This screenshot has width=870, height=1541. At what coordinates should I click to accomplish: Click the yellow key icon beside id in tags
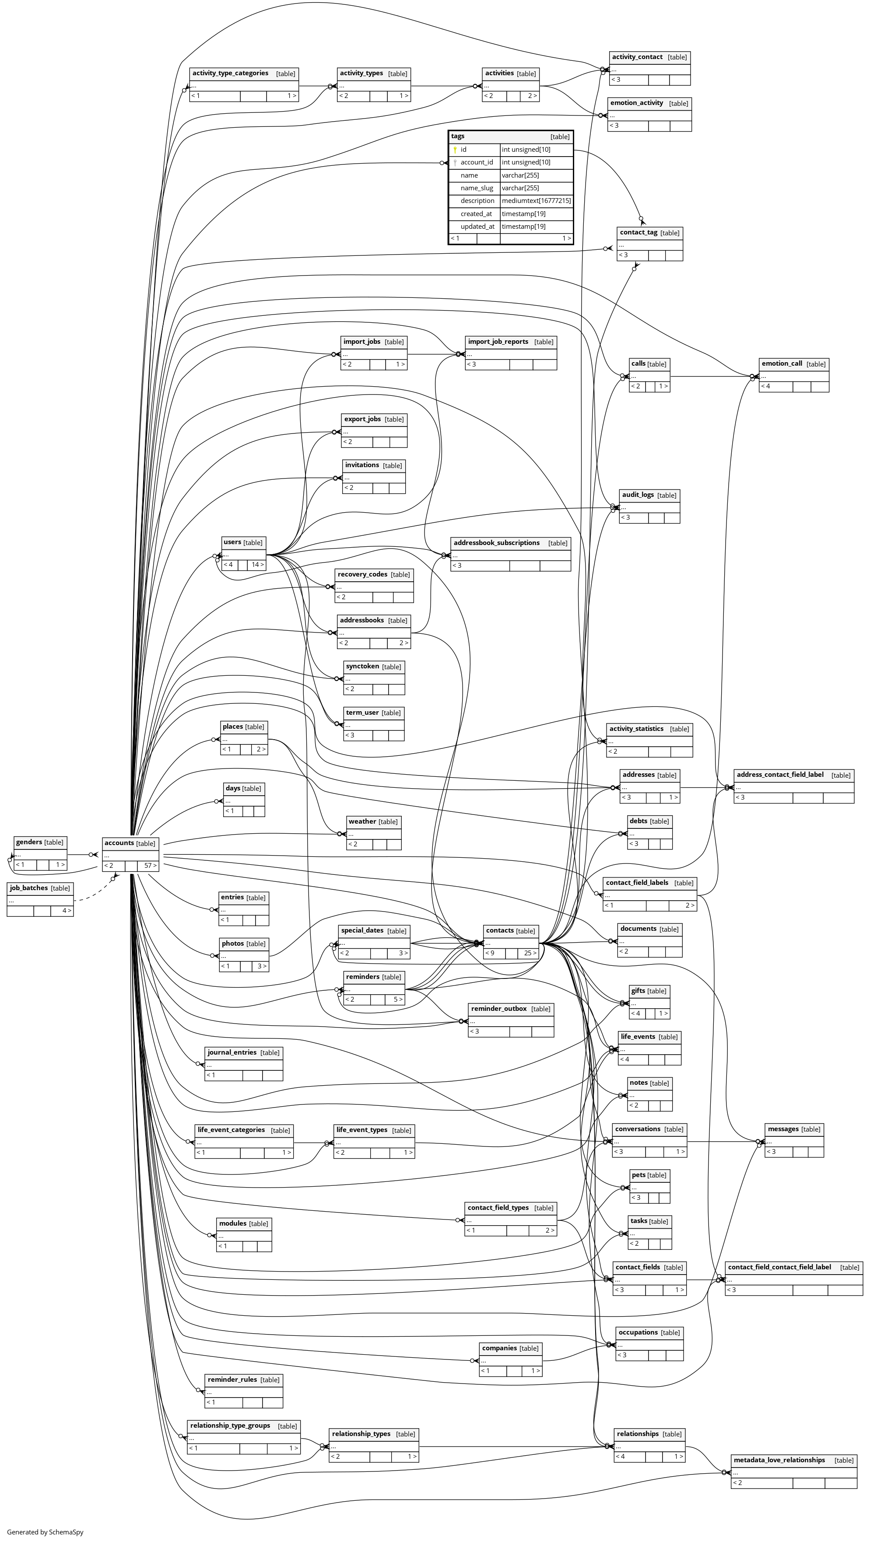pyautogui.click(x=455, y=150)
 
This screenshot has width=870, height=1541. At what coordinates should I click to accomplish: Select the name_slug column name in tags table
pyautogui.click(x=477, y=188)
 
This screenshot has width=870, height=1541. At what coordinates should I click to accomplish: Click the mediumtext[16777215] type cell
pyautogui.click(x=536, y=201)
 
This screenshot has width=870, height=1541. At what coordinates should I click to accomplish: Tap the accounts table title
pyautogui.click(x=119, y=843)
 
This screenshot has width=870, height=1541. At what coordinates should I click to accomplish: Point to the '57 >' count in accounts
pyautogui.click(x=150, y=866)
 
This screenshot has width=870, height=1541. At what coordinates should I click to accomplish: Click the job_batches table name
pyautogui.click(x=29, y=888)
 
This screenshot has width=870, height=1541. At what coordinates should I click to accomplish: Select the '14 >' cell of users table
pyautogui.click(x=257, y=564)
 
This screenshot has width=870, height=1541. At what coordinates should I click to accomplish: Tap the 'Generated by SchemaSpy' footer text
pyautogui.click(x=46, y=1532)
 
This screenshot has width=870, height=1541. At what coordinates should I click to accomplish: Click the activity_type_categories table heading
pyautogui.click(x=230, y=73)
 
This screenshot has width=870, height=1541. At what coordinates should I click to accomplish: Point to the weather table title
pyautogui.click(x=362, y=821)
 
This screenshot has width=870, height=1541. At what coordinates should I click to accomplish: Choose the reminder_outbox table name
pyautogui.click(x=498, y=1009)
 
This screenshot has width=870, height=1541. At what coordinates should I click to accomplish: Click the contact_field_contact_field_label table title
pyautogui.click(x=779, y=1267)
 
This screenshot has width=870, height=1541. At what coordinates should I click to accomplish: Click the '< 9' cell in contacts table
pyautogui.click(x=491, y=953)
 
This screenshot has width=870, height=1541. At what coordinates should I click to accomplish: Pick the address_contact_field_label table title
pyautogui.click(x=780, y=775)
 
